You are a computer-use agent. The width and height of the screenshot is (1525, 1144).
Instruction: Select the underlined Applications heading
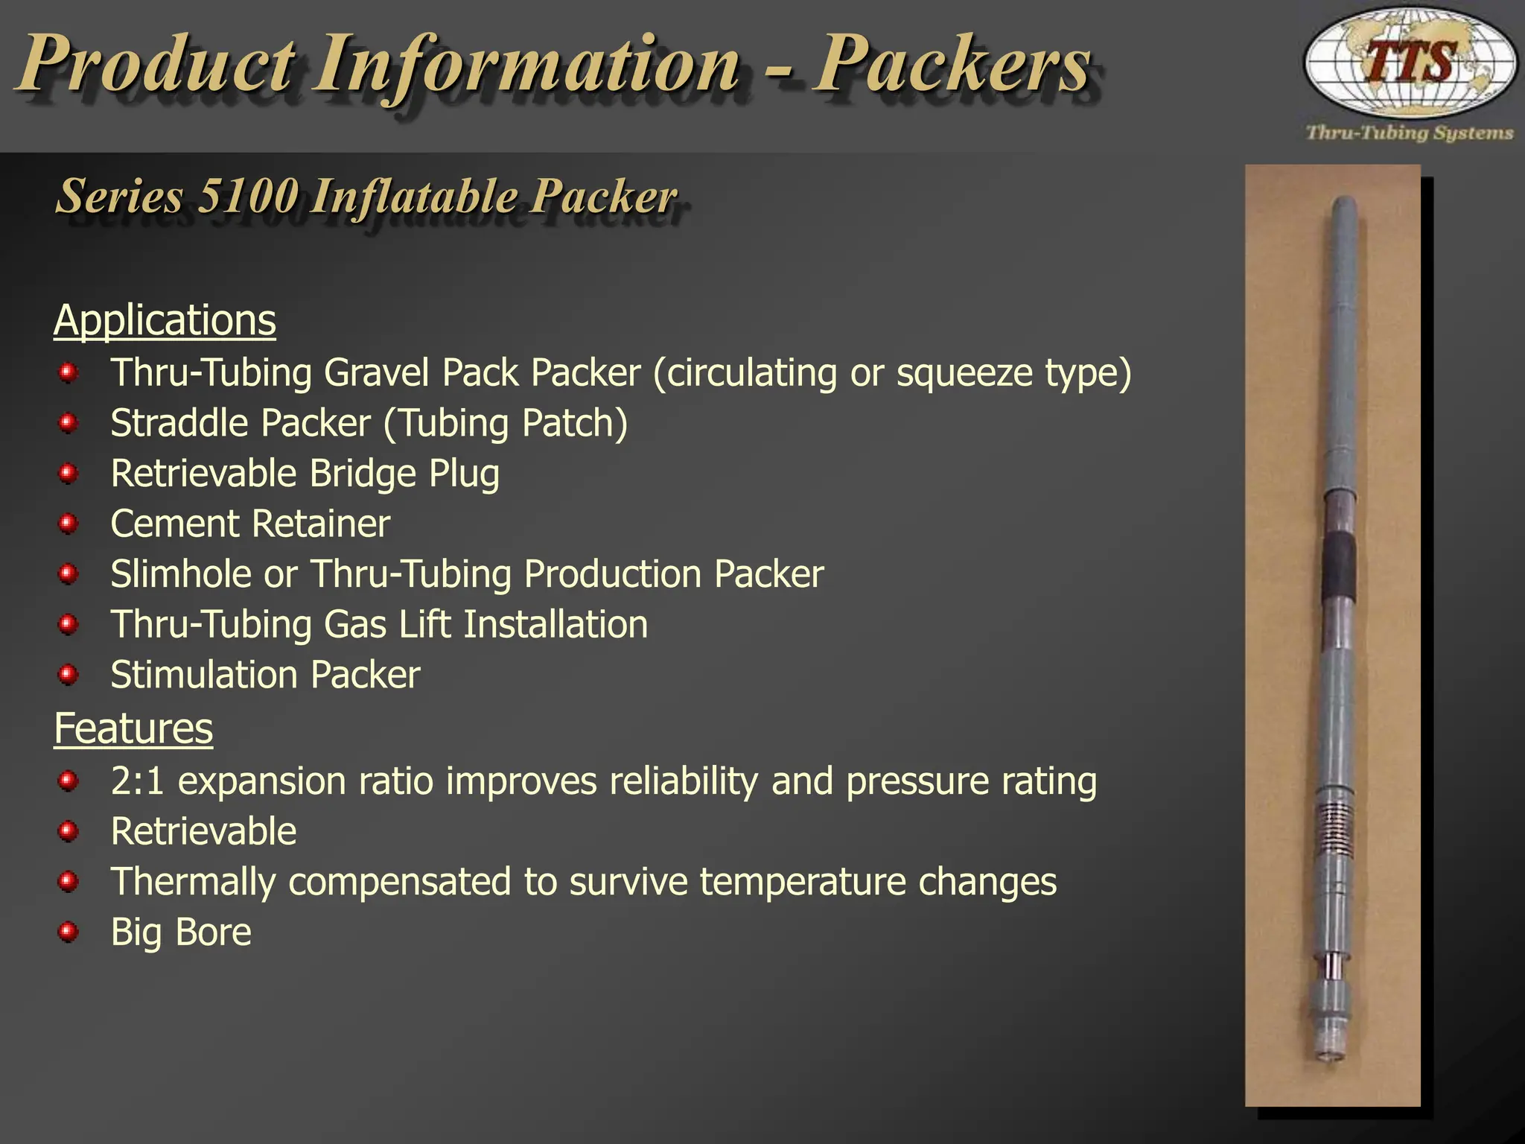[x=165, y=320]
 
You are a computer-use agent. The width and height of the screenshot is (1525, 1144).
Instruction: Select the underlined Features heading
[x=133, y=728]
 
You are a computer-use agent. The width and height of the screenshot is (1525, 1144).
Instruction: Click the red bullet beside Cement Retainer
[x=69, y=524]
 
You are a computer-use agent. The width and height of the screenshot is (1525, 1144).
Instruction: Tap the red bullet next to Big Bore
[x=69, y=932]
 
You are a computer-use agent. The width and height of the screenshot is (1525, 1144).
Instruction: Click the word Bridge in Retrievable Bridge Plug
[x=363, y=474]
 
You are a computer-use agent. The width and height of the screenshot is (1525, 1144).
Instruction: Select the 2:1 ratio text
[x=137, y=781]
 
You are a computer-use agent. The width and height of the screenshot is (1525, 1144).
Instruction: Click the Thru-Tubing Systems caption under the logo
[x=1410, y=133]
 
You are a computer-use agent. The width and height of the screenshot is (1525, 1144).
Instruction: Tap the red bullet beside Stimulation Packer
[x=69, y=675]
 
